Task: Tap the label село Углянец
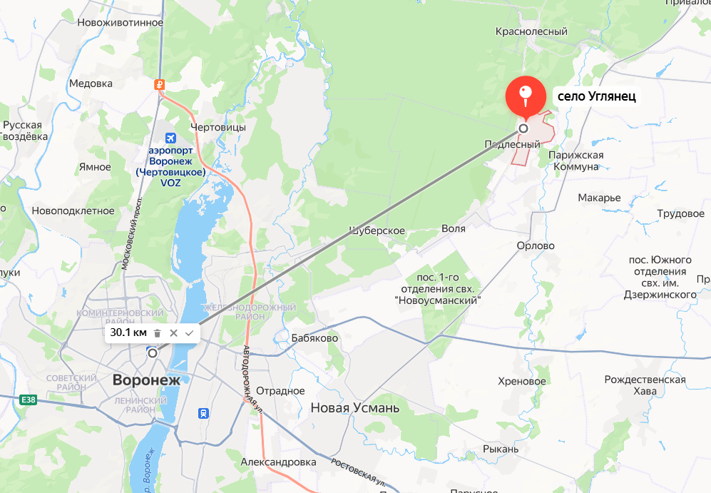click(x=596, y=96)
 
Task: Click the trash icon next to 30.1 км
click(x=158, y=333)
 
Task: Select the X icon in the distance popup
click(x=173, y=333)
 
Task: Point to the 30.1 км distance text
click(x=128, y=333)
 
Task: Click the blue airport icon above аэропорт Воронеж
click(x=170, y=138)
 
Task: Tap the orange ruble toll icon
click(x=160, y=84)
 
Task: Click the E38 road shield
click(x=29, y=400)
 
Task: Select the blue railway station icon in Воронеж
click(x=204, y=412)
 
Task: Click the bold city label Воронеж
click(x=146, y=380)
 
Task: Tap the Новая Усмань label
click(x=355, y=408)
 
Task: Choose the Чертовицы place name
click(x=218, y=127)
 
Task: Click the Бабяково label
click(x=315, y=338)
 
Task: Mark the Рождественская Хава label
click(x=645, y=385)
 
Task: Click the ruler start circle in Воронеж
click(x=152, y=352)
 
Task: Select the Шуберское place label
click(x=377, y=230)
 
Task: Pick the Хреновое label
click(x=522, y=382)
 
